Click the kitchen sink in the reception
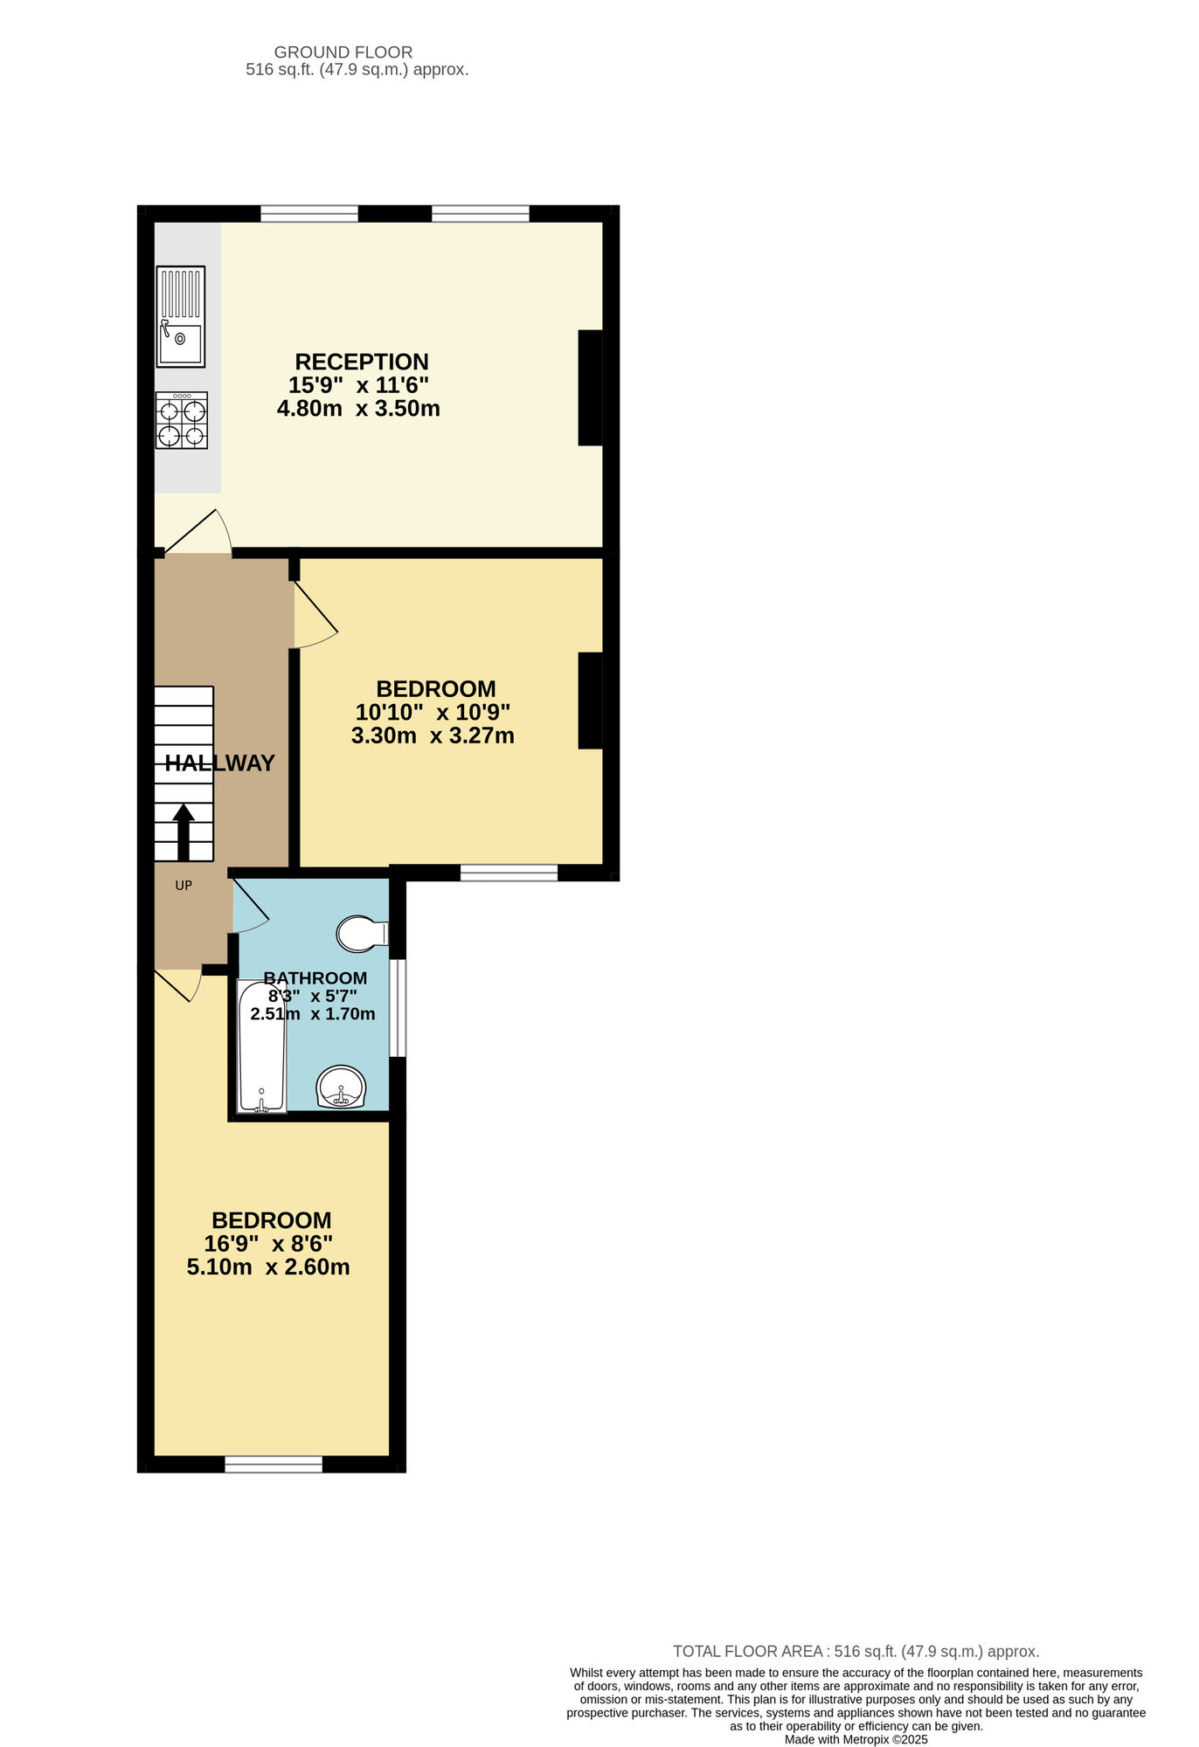point(180,316)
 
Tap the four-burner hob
point(182,420)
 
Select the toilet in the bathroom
point(361,933)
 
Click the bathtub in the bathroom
point(261,1046)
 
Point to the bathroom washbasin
point(340,1088)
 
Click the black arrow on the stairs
point(184,831)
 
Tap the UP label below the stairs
point(184,885)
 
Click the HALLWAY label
point(220,763)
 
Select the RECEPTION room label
point(362,362)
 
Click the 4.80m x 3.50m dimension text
point(358,408)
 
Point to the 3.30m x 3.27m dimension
point(433,735)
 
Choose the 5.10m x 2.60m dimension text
point(268,1267)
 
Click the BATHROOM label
point(315,977)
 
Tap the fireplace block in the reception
point(591,388)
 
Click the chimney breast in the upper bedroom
point(591,701)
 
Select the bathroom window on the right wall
point(398,1008)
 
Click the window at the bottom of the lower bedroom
point(274,1464)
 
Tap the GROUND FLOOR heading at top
point(343,52)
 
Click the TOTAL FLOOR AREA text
point(856,1651)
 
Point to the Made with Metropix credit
point(856,1739)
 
